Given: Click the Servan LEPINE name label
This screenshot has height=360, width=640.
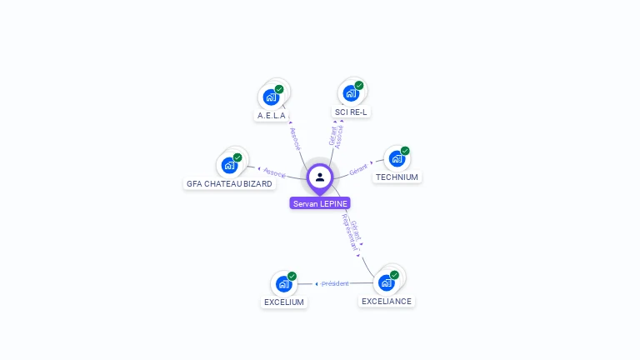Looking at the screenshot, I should pyautogui.click(x=320, y=203).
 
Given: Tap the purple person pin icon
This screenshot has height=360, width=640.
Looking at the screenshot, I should pyautogui.click(x=320, y=177).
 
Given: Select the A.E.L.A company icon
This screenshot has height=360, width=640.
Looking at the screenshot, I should pyautogui.click(x=271, y=97).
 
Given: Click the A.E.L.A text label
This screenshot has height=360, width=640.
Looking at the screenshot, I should pyautogui.click(x=272, y=116).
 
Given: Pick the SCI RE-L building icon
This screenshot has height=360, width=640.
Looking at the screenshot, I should pyautogui.click(x=351, y=92).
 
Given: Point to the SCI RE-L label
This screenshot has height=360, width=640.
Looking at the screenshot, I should pyautogui.click(x=351, y=112).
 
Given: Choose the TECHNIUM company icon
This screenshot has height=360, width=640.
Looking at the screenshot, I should pyautogui.click(x=397, y=158).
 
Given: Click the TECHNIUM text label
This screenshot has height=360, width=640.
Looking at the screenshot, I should pyautogui.click(x=397, y=177).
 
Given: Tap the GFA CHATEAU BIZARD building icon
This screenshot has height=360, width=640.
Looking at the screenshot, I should pyautogui.click(x=229, y=165).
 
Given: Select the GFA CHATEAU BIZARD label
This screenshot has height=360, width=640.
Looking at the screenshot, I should pyautogui.click(x=229, y=184).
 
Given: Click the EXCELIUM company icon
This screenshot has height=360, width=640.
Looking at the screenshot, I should pyautogui.click(x=283, y=284).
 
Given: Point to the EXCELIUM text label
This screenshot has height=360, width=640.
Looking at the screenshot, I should pyautogui.click(x=284, y=302).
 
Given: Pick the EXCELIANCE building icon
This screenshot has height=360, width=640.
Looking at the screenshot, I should pyautogui.click(x=387, y=282).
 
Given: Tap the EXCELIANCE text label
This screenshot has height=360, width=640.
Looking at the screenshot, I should pyautogui.click(x=387, y=302).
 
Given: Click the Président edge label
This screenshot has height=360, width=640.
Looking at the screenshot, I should pyautogui.click(x=335, y=284).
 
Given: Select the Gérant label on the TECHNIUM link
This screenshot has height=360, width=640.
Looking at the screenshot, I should pyautogui.click(x=358, y=168).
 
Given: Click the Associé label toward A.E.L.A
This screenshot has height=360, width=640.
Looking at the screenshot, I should pyautogui.click(x=295, y=137).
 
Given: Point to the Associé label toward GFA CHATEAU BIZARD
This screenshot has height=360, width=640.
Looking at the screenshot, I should pyautogui.click(x=274, y=173).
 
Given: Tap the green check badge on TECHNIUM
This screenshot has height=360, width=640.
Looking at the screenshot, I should pyautogui.click(x=405, y=151).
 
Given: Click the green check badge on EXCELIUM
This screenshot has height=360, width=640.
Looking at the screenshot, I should pyautogui.click(x=292, y=276).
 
